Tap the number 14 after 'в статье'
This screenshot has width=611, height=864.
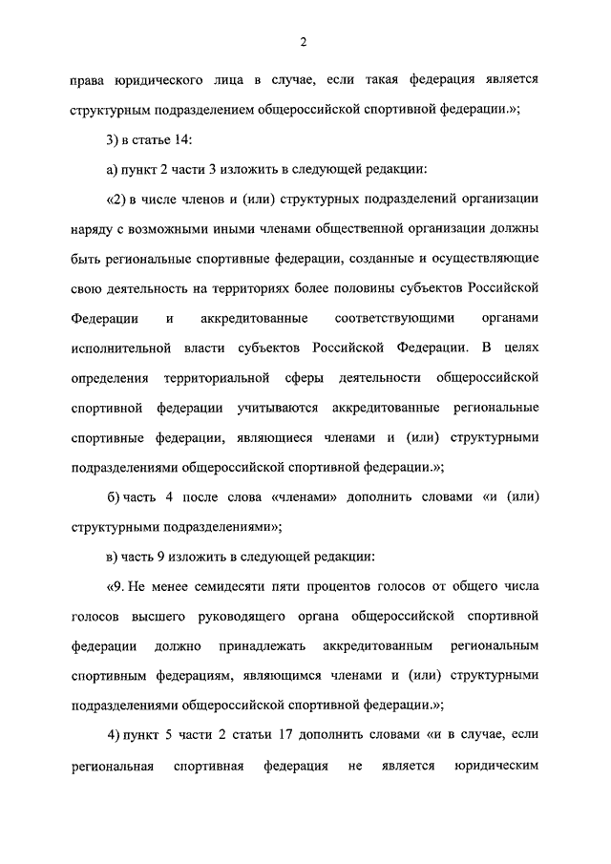(x=183, y=140)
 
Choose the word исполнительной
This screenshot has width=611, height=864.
(x=120, y=348)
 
